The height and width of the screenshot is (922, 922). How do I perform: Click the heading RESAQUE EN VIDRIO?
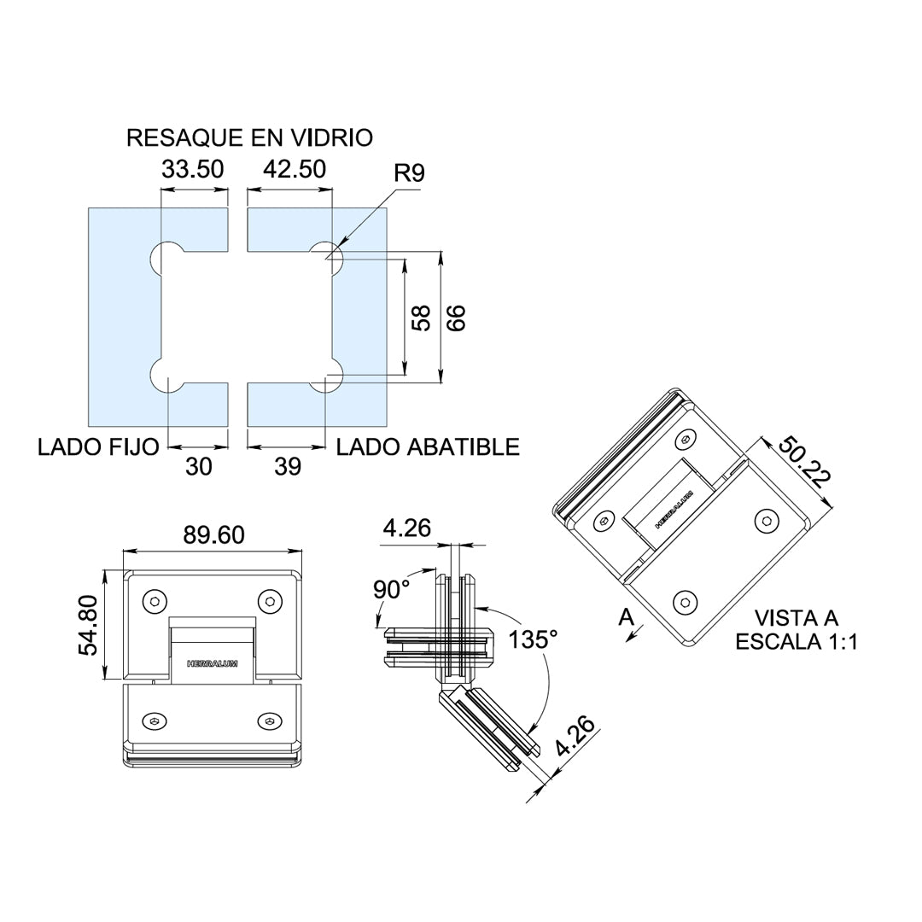(x=249, y=137)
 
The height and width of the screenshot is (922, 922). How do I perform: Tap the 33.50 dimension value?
(x=193, y=169)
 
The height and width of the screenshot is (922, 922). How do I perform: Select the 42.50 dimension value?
(x=295, y=169)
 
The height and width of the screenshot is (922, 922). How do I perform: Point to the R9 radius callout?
(x=410, y=173)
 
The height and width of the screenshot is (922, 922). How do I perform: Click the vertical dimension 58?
(x=420, y=318)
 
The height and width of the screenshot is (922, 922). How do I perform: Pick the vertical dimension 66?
(x=457, y=318)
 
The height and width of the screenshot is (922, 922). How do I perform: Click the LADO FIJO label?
(x=98, y=446)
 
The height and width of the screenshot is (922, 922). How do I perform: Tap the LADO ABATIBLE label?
(x=428, y=446)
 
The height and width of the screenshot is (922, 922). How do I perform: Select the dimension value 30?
(x=198, y=467)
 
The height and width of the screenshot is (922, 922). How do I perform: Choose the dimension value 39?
(x=289, y=467)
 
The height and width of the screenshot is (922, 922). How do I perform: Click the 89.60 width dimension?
(x=213, y=535)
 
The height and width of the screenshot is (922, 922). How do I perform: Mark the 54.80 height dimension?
(x=90, y=626)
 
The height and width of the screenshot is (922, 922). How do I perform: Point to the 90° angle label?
(x=391, y=589)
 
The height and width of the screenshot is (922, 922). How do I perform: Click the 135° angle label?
(x=532, y=639)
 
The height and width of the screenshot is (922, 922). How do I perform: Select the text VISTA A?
(x=797, y=617)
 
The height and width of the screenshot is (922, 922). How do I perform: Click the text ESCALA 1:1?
(x=797, y=642)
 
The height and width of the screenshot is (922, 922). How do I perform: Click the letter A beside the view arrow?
(x=626, y=616)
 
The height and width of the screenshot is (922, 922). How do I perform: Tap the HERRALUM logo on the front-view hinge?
(x=213, y=662)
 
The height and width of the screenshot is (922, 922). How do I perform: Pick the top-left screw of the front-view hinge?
(x=155, y=601)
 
